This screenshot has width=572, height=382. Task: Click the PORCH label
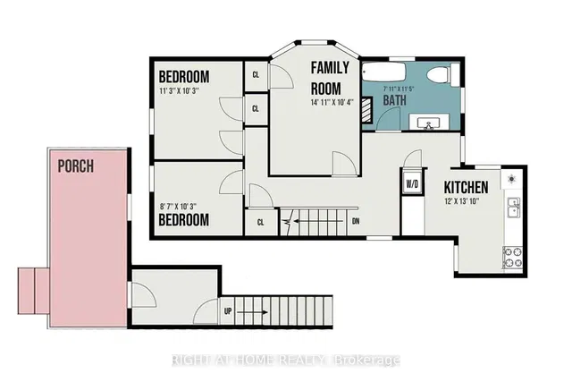(x=76, y=166)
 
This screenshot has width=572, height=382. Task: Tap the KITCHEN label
(x=466, y=187)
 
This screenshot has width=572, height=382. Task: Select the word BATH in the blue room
(x=395, y=100)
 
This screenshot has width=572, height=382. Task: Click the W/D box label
(x=412, y=184)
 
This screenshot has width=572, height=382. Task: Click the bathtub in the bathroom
(x=383, y=72)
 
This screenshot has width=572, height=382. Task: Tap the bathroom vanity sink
(x=429, y=122)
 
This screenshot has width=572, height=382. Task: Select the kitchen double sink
(x=514, y=208)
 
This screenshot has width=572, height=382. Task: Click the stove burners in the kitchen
(x=512, y=257)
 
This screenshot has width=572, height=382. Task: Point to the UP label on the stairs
(x=228, y=311)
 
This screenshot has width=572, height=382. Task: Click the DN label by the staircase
(x=356, y=221)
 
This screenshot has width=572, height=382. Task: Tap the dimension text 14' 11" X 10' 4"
(x=332, y=103)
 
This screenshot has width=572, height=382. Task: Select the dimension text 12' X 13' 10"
(x=461, y=201)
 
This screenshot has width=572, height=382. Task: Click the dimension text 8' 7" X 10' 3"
(x=178, y=207)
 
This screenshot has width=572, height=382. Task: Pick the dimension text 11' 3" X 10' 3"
(x=180, y=91)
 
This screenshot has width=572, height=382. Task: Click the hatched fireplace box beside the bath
(x=366, y=109)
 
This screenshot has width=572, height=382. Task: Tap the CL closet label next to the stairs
(x=260, y=223)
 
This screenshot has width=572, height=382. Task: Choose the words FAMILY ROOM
(x=330, y=78)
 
